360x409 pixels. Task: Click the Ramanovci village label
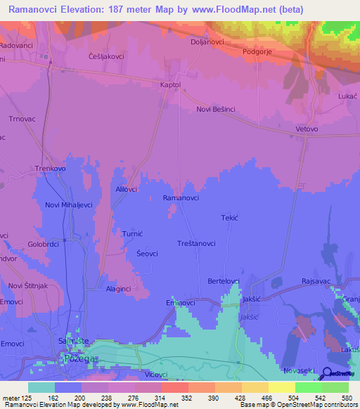[x=181, y=198]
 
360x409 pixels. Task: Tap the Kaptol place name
[x=171, y=84]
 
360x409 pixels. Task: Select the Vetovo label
[x=307, y=129]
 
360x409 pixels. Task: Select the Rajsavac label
[x=316, y=280]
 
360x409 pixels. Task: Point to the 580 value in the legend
[x=347, y=397]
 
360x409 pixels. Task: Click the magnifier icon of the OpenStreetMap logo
[x=327, y=372]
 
